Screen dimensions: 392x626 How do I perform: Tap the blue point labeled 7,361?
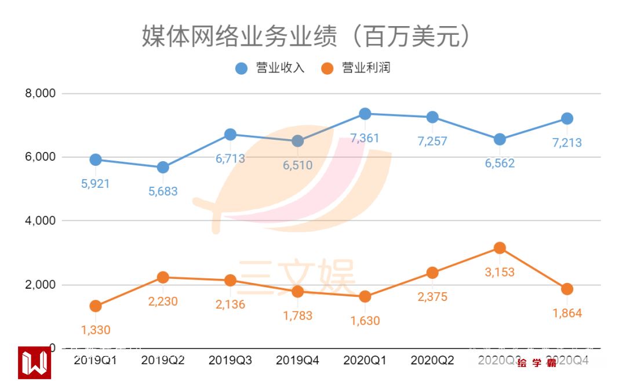[365, 114]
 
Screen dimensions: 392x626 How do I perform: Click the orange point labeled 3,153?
[500, 248]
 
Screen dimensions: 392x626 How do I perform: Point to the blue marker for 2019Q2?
[163, 168]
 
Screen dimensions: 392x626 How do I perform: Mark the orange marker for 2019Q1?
[96, 306]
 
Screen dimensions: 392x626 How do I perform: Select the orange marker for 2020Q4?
[567, 289]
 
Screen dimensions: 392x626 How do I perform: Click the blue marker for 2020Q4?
[567, 118]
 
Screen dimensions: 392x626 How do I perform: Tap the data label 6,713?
[230, 158]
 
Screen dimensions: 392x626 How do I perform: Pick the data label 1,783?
[298, 315]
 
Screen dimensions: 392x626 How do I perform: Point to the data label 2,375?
[432, 297]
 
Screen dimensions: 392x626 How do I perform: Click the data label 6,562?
[500, 164]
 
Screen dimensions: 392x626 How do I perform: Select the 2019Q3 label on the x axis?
[230, 360]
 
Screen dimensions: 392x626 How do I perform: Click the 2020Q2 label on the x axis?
[432, 360]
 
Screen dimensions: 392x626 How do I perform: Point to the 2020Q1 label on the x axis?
[365, 360]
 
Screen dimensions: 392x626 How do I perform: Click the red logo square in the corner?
[34, 362]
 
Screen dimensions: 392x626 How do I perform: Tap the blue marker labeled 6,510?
[297, 141]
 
